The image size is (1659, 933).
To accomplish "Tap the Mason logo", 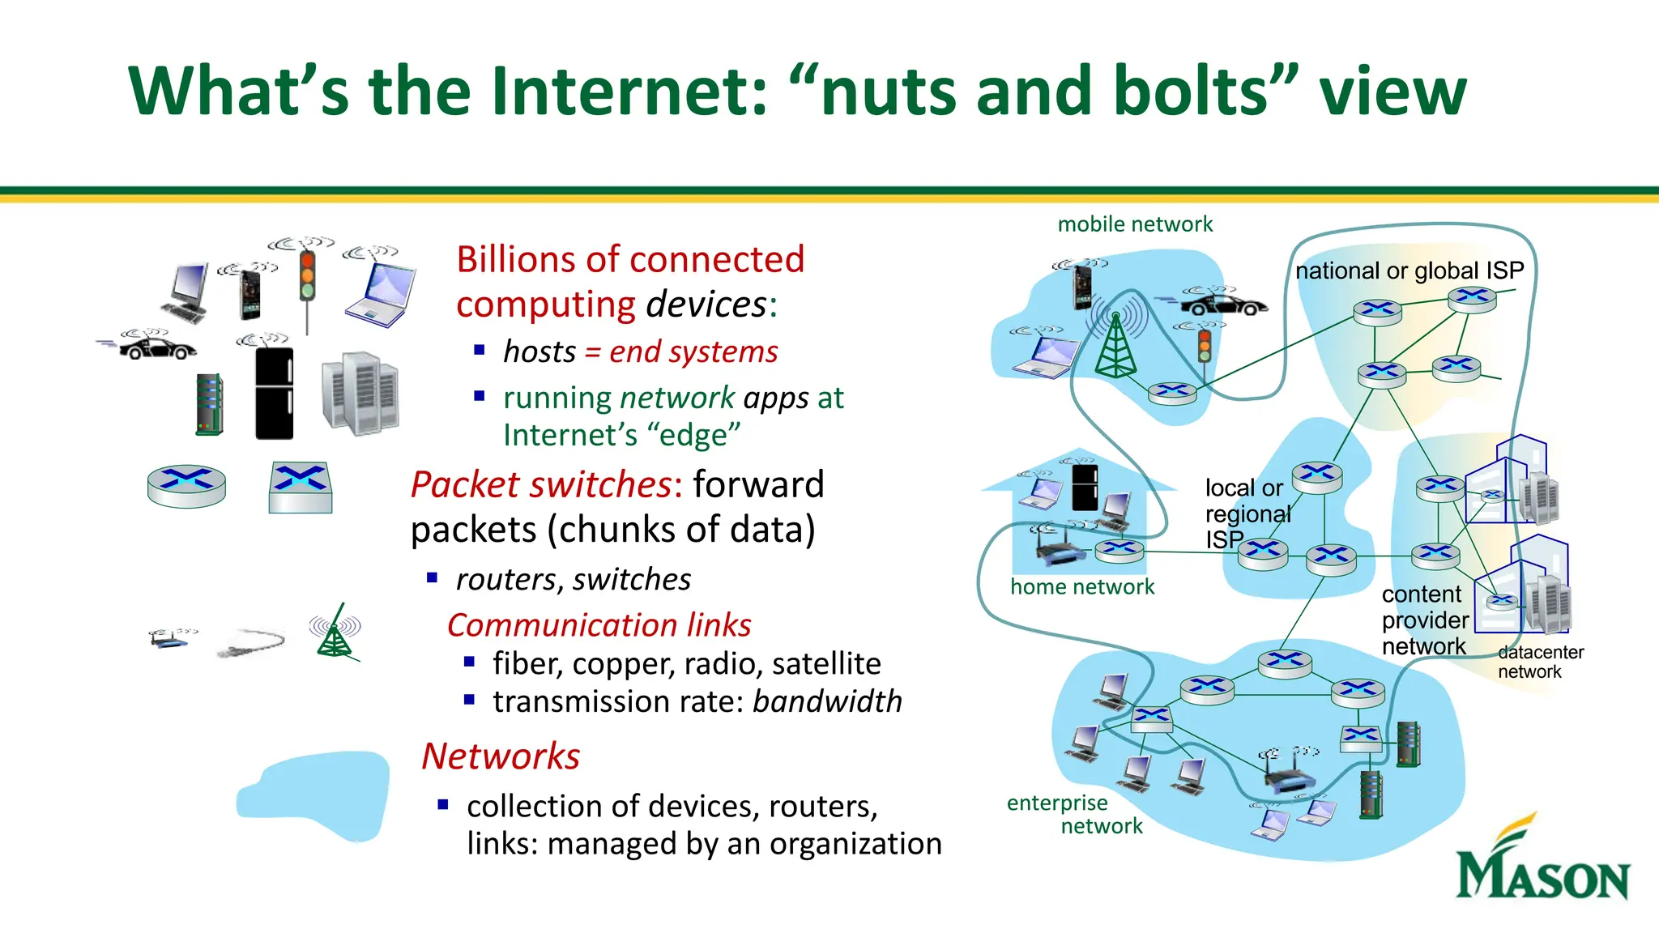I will pos(1542,860).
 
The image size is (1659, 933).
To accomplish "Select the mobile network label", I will pos(1135,224).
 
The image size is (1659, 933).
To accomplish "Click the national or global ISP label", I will pos(1410,271).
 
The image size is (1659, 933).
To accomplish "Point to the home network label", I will pos(1082,586).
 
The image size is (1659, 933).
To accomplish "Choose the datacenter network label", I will pos(1540,662).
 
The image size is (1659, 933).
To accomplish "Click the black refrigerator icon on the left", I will pos(274,393).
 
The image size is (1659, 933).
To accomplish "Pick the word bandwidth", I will pos(827,701).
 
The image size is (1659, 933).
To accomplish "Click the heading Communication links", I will pos(599,625).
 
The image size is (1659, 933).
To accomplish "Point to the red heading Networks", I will pos(501,756).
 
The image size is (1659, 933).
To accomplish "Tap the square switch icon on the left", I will pos(300,488).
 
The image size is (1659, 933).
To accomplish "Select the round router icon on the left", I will pos(187,486).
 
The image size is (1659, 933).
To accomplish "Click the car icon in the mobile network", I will pos(1223,305).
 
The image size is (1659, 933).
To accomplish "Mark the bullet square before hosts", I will pos(479,351).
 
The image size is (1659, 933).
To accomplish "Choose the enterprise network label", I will pos(1074,814).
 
